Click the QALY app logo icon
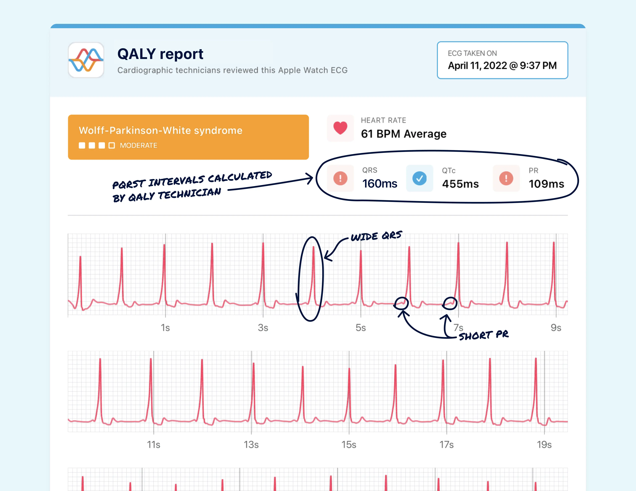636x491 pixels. tap(86, 60)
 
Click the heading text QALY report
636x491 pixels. tap(160, 54)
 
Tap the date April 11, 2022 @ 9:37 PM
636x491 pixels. tap(502, 66)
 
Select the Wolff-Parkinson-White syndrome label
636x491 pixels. tap(160, 131)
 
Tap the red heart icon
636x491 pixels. tap(340, 128)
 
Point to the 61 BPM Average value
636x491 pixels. tap(403, 134)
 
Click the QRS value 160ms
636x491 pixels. tap(379, 184)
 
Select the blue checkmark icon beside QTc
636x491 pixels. tap(419, 178)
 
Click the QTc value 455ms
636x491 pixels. tap(460, 184)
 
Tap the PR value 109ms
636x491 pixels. tap(546, 184)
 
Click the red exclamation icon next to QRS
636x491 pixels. tap(340, 178)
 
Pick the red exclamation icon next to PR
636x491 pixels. tap(506, 178)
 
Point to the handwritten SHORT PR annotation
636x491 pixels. tap(483, 335)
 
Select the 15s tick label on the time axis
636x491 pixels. tap(349, 445)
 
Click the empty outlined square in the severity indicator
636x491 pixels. tap(111, 145)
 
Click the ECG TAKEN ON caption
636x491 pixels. tap(472, 53)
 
